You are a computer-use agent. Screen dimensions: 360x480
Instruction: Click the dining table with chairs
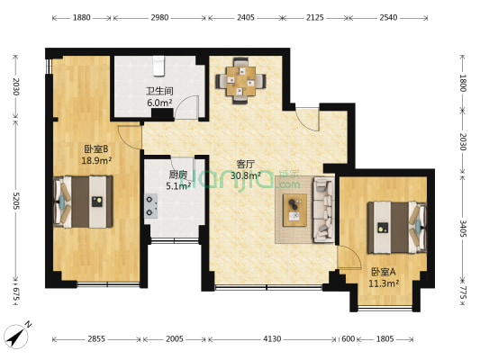pos(240,80)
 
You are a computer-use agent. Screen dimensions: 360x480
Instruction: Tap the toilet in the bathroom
pos(159,67)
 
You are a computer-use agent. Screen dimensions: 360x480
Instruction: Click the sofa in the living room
pos(322,211)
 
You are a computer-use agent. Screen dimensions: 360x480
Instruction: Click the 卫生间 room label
pos(159,92)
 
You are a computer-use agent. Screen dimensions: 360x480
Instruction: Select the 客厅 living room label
pos(245,164)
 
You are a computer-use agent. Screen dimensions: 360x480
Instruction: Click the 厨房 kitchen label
pos(178,175)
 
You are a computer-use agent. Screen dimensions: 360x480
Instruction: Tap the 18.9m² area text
pos(95,161)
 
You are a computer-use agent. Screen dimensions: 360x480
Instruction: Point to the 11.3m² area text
pos(385,283)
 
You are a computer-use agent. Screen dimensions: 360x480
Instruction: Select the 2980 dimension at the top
pos(159,17)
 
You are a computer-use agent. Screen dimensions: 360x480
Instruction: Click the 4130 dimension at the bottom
pos(272,339)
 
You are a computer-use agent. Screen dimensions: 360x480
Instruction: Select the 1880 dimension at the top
pos(81,17)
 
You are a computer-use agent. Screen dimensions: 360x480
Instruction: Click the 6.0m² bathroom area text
pos(159,103)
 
